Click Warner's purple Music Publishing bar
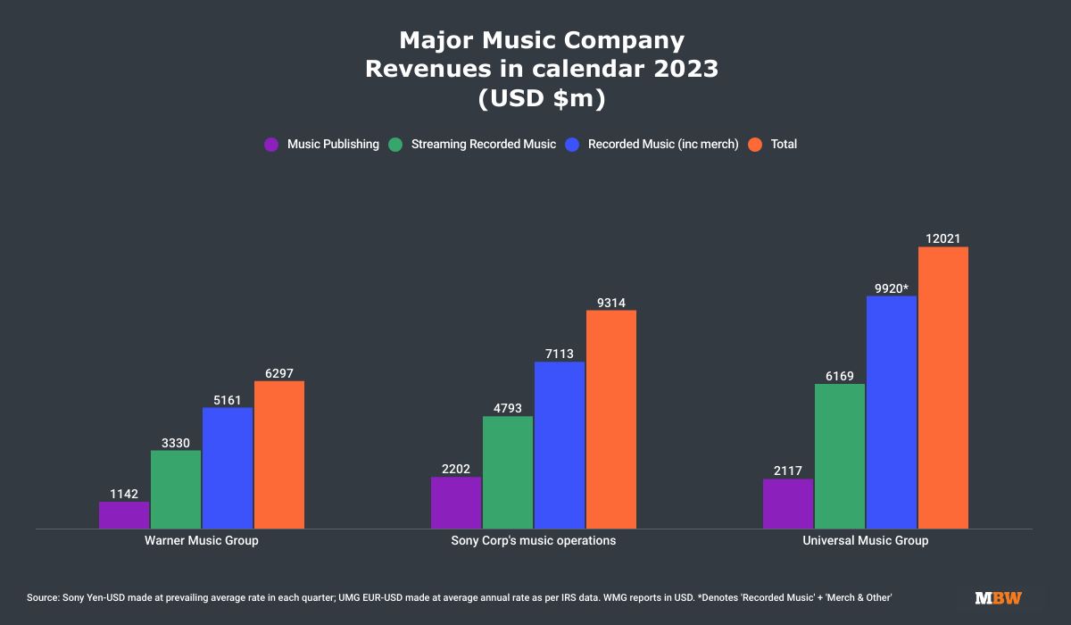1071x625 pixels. coord(124,515)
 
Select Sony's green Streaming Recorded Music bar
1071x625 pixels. coord(508,472)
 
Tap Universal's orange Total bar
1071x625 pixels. coord(943,387)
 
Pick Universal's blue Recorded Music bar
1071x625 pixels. coord(892,412)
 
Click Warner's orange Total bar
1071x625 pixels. coord(279,454)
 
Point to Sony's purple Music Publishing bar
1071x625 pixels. coord(456,503)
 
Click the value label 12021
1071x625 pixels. coord(943,238)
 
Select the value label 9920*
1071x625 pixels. coord(892,287)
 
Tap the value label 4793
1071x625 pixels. coord(508,408)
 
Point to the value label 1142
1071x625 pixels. coord(124,494)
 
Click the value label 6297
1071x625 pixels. coord(279,373)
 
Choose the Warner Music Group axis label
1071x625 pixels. coord(202,541)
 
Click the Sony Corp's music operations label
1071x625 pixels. coord(534,541)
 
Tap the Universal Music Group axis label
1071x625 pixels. coord(866,541)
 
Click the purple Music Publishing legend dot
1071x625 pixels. coord(271,144)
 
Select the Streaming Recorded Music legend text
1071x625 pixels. coord(484,144)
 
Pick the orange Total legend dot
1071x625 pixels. coord(755,144)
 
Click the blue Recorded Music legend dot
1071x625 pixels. coord(572,144)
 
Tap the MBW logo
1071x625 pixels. coord(998,597)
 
